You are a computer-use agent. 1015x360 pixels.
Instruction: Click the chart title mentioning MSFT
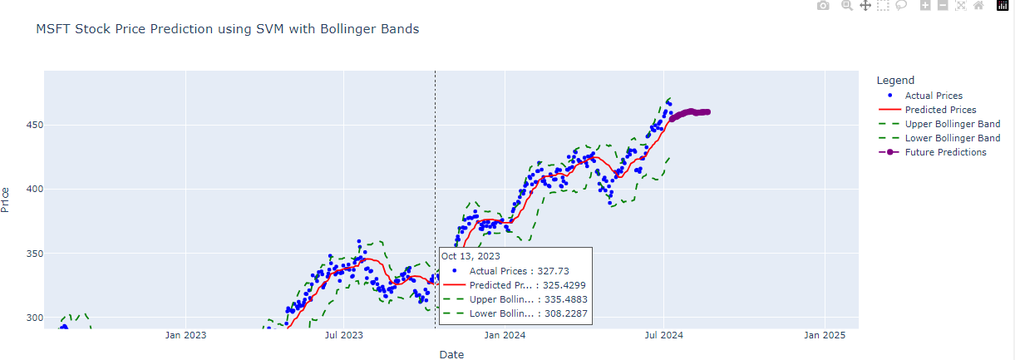[x=227, y=29]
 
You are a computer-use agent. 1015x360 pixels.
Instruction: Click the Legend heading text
[x=895, y=81]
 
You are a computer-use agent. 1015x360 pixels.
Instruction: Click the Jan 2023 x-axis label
[x=185, y=336]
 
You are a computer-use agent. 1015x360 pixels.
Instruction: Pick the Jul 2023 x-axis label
[x=343, y=336]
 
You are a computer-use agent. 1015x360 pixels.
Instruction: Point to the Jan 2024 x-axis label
[x=505, y=336]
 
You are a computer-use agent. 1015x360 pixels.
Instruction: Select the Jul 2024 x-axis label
[x=663, y=336]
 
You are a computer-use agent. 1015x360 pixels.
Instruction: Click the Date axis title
[x=451, y=355]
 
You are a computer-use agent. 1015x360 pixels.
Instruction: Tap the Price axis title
[x=7, y=200]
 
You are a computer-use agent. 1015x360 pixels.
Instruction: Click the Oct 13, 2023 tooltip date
[x=471, y=256]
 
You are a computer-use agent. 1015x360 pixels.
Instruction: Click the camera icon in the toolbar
[x=823, y=6]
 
